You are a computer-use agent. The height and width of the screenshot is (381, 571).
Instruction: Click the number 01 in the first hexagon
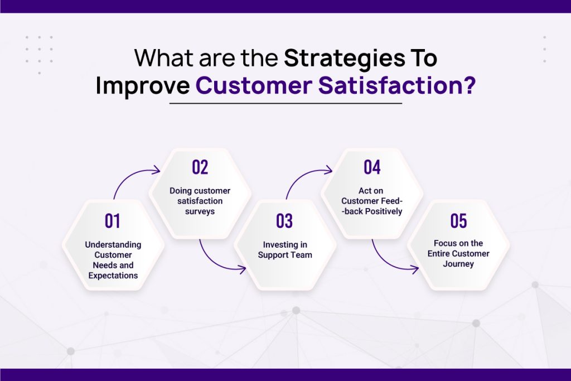pos(113,221)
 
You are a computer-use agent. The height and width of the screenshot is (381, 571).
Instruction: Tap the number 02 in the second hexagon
pos(200,167)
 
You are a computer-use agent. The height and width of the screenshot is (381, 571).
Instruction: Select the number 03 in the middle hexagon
pos(284,221)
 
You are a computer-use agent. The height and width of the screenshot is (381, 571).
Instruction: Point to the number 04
pos(372,167)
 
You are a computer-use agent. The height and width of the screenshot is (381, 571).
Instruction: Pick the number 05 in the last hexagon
pos(458,221)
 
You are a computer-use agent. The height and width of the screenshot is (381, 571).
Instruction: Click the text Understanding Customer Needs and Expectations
pos(113,260)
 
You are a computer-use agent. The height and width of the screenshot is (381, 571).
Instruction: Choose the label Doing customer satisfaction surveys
pos(200,201)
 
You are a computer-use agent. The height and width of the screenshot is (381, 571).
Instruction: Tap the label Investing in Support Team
pos(284,249)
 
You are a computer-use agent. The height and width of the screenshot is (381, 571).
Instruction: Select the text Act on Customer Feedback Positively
pos(372,201)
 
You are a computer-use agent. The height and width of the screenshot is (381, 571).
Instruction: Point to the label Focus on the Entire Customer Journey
pos(458,253)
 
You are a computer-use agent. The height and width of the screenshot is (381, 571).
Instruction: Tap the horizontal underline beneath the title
pos(285,103)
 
